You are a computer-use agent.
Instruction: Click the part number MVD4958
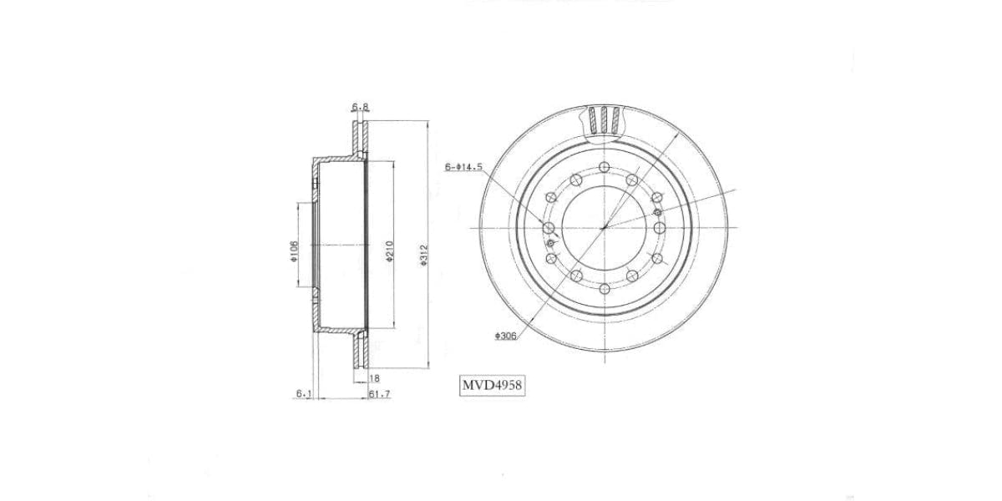pos(492,387)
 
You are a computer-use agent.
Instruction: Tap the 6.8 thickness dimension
pos(360,107)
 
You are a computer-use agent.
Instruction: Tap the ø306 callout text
pos(506,336)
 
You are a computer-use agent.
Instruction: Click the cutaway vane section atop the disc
pos(604,119)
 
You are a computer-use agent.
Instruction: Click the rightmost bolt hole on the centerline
pos(660,227)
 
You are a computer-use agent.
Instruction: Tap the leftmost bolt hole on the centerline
pos(548,227)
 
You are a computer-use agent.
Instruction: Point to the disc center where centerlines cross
pos(604,227)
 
